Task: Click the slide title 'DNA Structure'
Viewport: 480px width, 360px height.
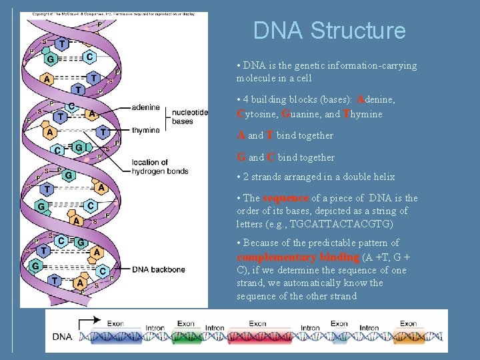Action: click(329, 31)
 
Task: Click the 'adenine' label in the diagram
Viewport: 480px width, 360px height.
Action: click(145, 107)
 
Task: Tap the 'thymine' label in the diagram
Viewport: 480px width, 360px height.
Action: click(145, 130)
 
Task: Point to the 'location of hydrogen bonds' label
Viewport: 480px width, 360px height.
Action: click(160, 166)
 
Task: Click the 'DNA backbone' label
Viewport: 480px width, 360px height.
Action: click(159, 269)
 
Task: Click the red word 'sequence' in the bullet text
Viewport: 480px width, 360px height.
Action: click(286, 198)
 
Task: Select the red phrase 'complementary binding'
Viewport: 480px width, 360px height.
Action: click(298, 257)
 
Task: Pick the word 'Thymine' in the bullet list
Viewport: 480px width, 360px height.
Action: click(363, 114)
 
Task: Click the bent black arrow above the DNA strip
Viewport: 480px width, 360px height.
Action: click(85, 325)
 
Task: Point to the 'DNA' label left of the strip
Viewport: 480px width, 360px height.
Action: click(62, 337)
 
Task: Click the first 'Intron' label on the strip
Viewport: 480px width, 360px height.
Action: click(155, 327)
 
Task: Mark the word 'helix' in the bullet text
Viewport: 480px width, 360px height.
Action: click(383, 177)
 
